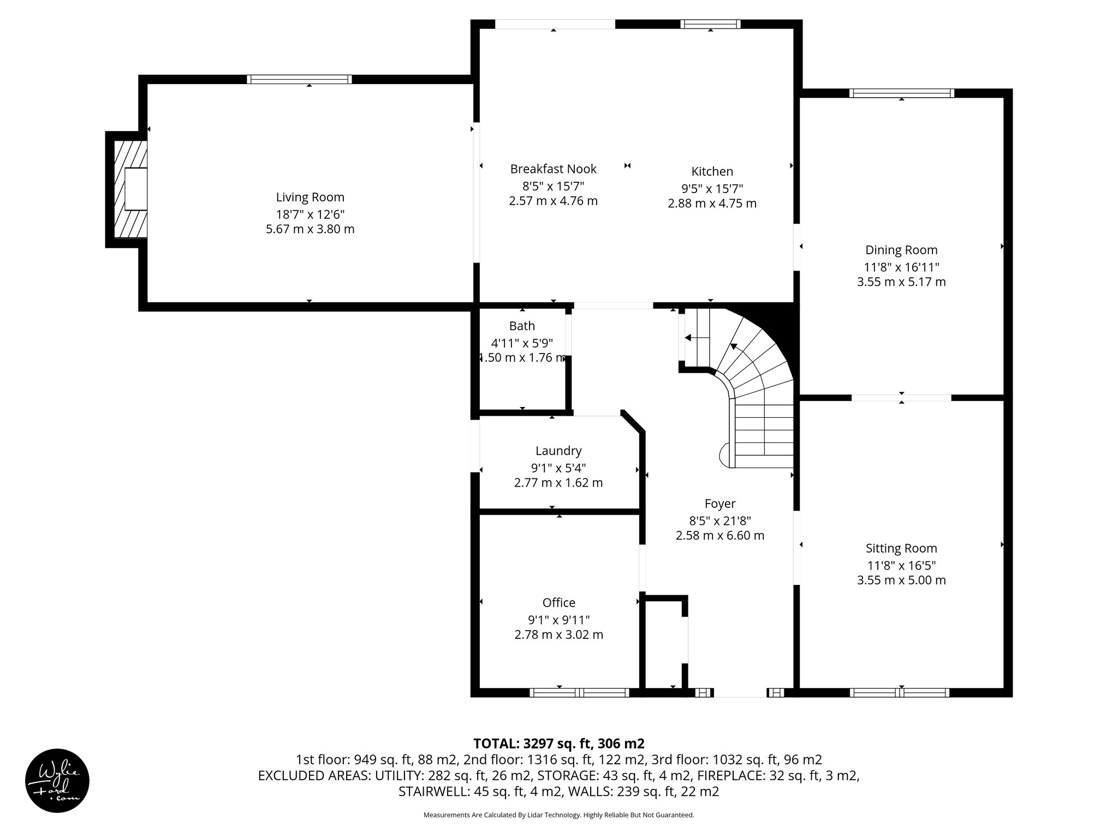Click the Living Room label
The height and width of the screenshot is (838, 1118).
click(x=310, y=197)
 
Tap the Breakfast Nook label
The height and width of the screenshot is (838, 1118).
click(x=553, y=169)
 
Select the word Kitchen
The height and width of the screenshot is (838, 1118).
click(x=712, y=172)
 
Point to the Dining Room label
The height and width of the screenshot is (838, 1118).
click(x=901, y=250)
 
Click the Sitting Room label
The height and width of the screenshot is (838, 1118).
click(x=901, y=549)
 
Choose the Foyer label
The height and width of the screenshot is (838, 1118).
click(x=719, y=504)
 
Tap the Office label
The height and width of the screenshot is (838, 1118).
click(x=558, y=603)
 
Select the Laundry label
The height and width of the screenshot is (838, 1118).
click(x=558, y=451)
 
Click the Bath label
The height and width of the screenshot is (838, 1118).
click(x=522, y=326)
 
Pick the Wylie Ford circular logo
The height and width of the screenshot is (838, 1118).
click(x=57, y=781)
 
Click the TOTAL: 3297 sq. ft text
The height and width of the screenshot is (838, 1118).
click(x=558, y=744)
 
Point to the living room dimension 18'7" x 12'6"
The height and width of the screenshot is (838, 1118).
click(x=310, y=214)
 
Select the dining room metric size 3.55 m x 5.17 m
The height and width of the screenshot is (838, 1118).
click(x=901, y=282)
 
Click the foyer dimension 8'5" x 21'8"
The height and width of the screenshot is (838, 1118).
click(x=719, y=520)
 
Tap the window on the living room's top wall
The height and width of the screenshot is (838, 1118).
click(x=299, y=80)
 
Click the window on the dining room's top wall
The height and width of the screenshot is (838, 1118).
click(x=901, y=93)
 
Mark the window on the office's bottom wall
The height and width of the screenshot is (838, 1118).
click(x=579, y=693)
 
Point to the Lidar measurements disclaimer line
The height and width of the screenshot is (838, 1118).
click(x=558, y=815)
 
